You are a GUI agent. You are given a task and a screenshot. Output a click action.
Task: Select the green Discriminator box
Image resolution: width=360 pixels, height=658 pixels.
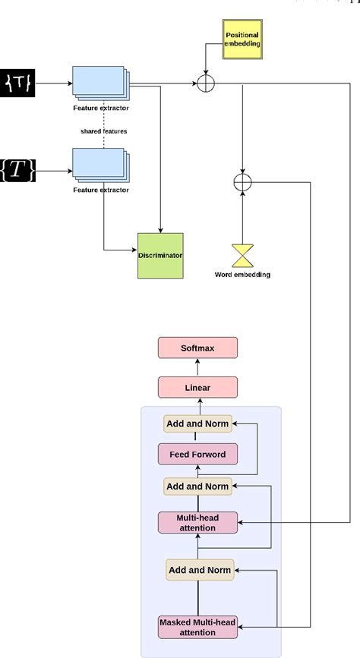pyautogui.click(x=160, y=255)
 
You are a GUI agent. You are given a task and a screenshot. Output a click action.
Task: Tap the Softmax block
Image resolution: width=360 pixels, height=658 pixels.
pyautogui.click(x=197, y=348)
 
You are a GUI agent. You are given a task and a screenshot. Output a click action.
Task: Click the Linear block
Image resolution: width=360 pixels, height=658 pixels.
pyautogui.click(x=197, y=387)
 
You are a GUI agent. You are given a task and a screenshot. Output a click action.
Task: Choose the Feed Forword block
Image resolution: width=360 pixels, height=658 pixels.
pyautogui.click(x=197, y=455)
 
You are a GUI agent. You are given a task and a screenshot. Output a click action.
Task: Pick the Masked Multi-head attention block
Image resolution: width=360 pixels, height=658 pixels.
pyautogui.click(x=197, y=627)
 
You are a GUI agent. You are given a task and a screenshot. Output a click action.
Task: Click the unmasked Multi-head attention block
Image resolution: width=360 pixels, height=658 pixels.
pyautogui.click(x=197, y=522)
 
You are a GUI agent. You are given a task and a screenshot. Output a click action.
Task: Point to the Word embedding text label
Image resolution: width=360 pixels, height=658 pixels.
pyautogui.click(x=243, y=274)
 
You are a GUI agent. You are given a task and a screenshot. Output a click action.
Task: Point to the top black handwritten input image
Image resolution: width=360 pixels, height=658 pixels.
pyautogui.click(x=18, y=82)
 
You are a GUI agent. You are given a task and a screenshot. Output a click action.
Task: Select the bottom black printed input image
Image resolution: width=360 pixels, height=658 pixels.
pyautogui.click(x=18, y=172)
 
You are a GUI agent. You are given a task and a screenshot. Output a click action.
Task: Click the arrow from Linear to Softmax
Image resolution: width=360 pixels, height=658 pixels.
pyautogui.click(x=197, y=367)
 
